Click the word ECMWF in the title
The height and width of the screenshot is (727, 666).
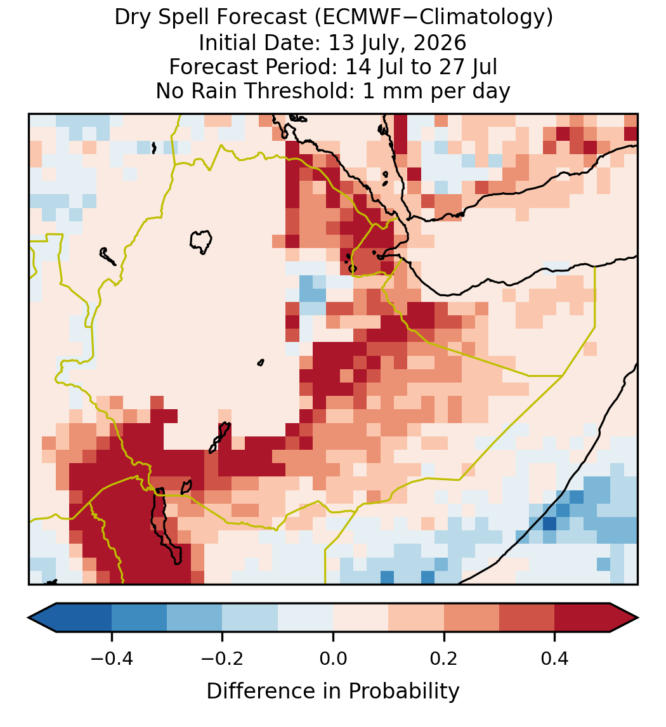pos(354,18)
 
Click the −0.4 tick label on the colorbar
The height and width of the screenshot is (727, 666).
pos(112,658)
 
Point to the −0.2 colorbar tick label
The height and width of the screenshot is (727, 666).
pos(223,658)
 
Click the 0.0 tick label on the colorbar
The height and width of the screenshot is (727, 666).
pos(333,658)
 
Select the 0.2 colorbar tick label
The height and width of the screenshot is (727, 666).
pos(444,658)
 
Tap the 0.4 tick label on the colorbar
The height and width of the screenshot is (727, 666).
pos(555,658)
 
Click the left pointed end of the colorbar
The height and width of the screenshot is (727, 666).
pos(29,618)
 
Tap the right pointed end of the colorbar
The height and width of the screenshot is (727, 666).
pos(637,618)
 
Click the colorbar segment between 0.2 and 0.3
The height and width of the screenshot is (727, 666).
pos(472,618)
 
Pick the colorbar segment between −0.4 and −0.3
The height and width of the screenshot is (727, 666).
pos(139,618)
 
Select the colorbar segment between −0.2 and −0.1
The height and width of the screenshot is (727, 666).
pos(250,618)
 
